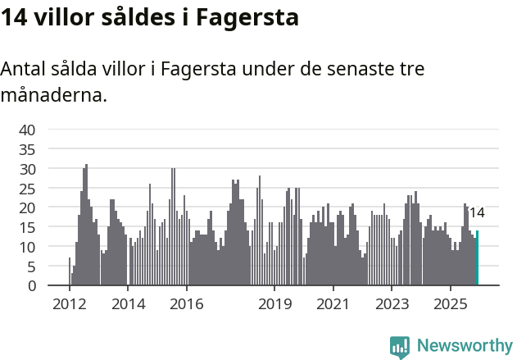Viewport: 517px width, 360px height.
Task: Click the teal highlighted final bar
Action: (477, 258)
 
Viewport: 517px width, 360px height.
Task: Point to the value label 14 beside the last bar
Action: (476, 213)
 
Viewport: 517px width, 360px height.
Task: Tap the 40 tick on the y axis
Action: (27, 130)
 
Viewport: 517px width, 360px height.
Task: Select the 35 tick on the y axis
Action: (27, 149)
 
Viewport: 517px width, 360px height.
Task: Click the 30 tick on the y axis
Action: (27, 169)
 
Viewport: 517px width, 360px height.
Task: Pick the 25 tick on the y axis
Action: (27, 188)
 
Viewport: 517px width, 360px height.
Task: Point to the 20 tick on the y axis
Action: (27, 207)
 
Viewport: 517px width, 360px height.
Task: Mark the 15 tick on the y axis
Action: (27, 227)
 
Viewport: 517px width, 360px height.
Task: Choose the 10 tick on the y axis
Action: (27, 247)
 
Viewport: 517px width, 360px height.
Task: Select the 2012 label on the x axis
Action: (69, 304)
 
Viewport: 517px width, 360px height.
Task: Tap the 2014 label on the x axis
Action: (128, 304)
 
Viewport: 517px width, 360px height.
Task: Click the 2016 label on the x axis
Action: (187, 304)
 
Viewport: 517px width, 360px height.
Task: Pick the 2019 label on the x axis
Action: (274, 304)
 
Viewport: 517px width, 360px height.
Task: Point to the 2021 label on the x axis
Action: (333, 304)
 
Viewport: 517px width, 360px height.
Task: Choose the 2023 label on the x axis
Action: (392, 304)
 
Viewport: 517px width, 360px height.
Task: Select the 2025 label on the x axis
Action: (450, 304)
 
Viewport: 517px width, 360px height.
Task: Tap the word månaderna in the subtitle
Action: (53, 94)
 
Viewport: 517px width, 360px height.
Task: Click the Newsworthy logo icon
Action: (400, 347)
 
